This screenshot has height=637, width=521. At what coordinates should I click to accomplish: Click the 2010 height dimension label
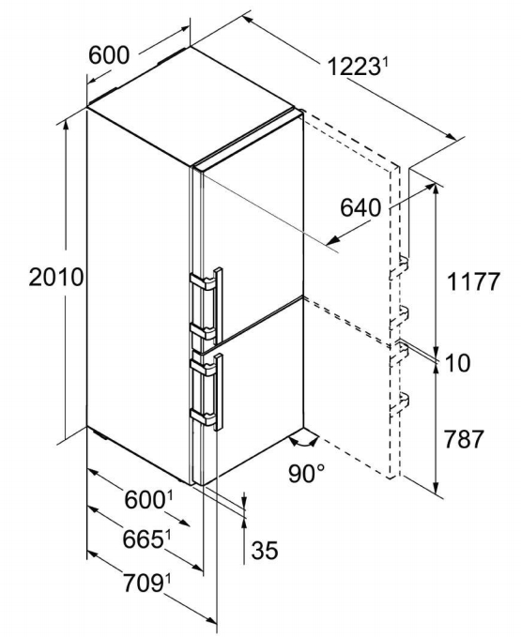[56, 278]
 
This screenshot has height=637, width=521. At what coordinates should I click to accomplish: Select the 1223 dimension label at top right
[353, 67]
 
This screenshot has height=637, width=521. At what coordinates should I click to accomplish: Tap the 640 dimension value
[360, 208]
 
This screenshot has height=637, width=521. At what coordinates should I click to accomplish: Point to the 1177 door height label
[472, 281]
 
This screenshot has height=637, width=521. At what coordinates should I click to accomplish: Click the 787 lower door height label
[464, 439]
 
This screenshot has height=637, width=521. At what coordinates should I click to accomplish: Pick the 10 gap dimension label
[457, 362]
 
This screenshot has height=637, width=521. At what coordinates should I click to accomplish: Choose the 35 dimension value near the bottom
[265, 550]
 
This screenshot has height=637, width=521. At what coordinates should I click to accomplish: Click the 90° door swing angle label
[307, 473]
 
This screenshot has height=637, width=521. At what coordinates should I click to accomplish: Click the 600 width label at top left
[109, 54]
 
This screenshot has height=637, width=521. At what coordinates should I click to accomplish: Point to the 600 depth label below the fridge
[145, 500]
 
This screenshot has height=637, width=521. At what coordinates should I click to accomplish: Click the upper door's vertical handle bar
[218, 306]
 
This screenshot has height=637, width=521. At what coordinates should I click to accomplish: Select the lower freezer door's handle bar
[219, 391]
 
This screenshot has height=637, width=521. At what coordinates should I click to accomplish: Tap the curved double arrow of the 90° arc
[303, 442]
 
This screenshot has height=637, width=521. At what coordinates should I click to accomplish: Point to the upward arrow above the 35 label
[244, 540]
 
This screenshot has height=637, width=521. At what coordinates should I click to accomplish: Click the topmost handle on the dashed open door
[400, 266]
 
